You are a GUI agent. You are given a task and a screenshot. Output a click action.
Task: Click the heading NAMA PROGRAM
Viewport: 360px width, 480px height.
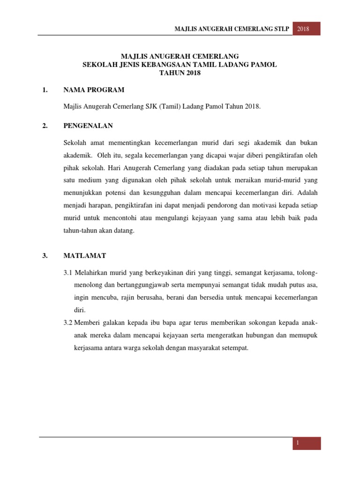click(94, 90)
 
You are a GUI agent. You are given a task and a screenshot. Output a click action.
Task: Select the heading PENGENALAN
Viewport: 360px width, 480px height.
click(88, 126)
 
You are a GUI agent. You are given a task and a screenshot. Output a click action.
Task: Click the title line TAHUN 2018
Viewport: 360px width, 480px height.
click(180, 73)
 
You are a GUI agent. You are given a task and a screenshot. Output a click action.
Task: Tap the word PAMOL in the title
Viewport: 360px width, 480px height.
click(264, 65)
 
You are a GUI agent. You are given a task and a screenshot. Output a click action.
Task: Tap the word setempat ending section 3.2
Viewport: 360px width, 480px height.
click(234, 348)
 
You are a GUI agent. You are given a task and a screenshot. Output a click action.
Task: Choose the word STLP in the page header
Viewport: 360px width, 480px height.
click(279, 29)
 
